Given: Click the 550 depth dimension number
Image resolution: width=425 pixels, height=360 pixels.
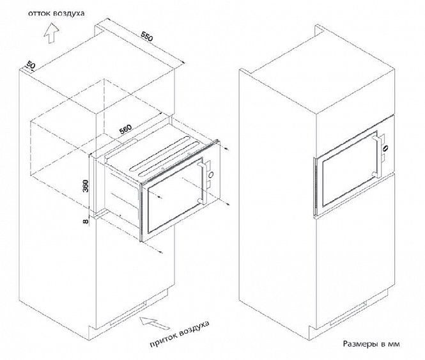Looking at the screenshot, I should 146,38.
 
